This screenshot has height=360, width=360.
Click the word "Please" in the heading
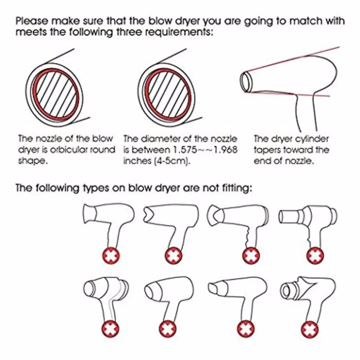(x=32, y=21)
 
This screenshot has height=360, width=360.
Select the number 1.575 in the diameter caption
(x=185, y=150)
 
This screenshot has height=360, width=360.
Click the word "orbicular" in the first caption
(x=69, y=150)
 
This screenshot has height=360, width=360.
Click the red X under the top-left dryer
(x=111, y=256)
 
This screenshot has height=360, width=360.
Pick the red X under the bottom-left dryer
(x=111, y=329)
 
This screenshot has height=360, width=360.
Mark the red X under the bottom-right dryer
(x=310, y=330)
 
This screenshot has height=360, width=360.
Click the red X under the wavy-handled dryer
(x=251, y=256)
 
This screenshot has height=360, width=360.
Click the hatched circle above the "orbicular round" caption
(x=55, y=94)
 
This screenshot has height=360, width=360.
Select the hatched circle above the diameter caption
(x=168, y=94)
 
